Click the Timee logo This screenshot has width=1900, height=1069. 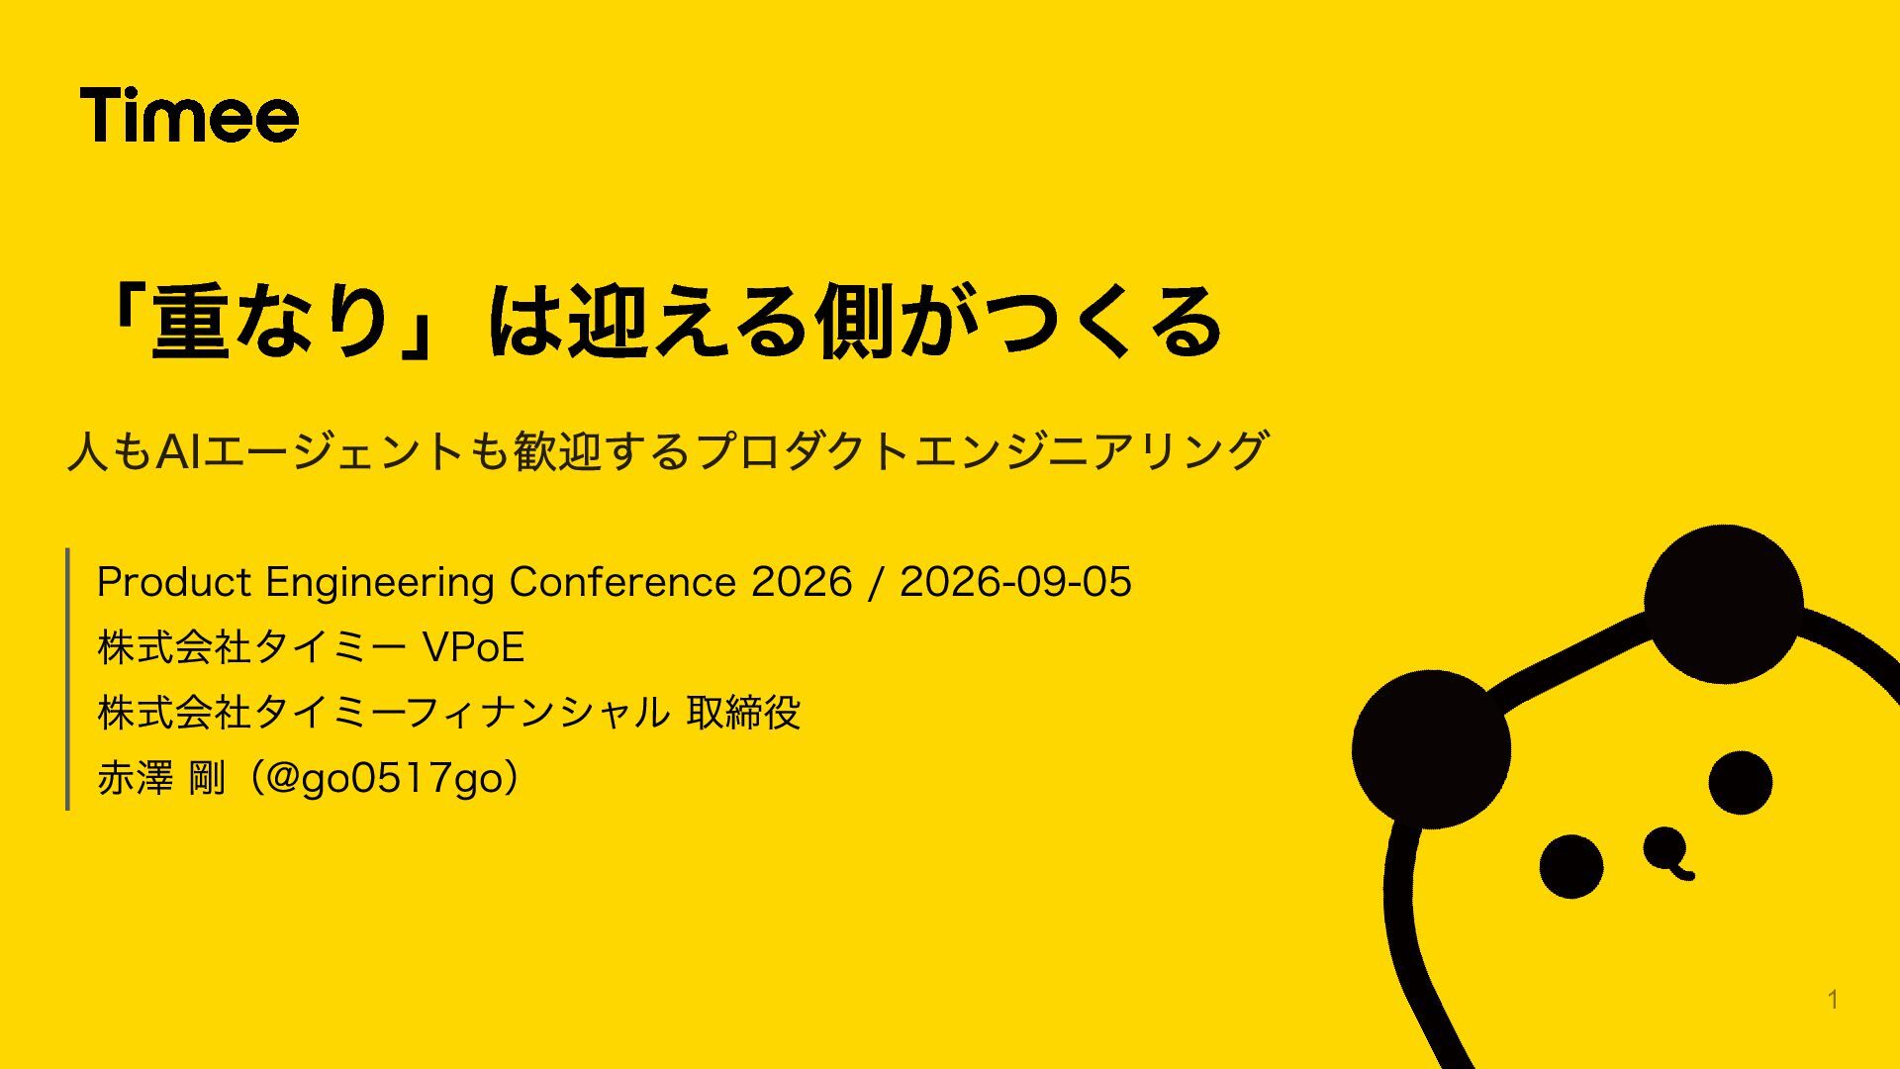point(189,115)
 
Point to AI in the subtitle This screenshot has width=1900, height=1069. point(179,451)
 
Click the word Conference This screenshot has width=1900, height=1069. point(621,582)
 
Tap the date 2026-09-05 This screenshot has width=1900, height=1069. point(1015,582)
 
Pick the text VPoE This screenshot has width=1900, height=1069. point(473,647)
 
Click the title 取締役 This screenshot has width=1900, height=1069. point(743,713)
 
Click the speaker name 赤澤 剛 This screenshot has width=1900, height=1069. point(161,778)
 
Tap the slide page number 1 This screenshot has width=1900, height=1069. point(1833,1000)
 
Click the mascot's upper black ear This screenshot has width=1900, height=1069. point(1723,604)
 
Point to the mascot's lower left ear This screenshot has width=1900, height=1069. point(1431,749)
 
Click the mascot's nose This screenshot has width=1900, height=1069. point(1668,852)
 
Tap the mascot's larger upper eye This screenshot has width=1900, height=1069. point(1740,782)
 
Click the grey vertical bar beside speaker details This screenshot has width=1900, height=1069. point(67,679)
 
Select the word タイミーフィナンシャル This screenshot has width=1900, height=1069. point(462,713)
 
